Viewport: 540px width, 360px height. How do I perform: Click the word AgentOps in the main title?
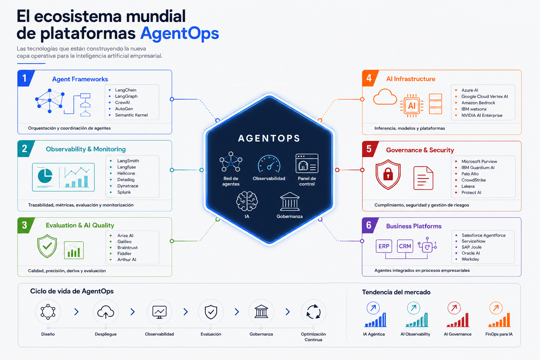pyautogui.click(x=180, y=33)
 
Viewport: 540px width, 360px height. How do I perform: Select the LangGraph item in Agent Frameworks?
pyautogui.click(x=126, y=96)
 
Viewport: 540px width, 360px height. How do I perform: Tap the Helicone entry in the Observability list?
pyautogui.click(x=126, y=173)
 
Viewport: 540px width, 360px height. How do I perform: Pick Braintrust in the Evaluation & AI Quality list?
pyautogui.click(x=127, y=247)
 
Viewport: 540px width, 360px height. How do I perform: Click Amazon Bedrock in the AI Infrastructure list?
pyautogui.click(x=478, y=103)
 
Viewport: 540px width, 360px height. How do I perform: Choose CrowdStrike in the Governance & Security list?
pyautogui.click(x=474, y=180)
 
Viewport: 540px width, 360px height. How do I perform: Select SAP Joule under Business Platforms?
pyautogui.click(x=471, y=247)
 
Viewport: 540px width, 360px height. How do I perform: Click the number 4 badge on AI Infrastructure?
pyautogui.click(x=369, y=78)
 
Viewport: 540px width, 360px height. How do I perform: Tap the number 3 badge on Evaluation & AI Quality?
pyautogui.click(x=24, y=225)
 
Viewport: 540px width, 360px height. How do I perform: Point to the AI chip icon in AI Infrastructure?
pyautogui.click(x=412, y=105)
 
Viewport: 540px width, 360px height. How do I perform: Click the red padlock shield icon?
pyautogui.click(x=388, y=174)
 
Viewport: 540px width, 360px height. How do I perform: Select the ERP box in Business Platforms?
pyautogui.click(x=384, y=246)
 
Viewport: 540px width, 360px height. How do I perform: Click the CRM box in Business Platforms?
pyautogui.click(x=405, y=246)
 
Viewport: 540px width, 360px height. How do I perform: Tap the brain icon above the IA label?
pyautogui.click(x=247, y=201)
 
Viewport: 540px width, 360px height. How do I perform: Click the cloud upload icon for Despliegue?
pyautogui.click(x=105, y=312)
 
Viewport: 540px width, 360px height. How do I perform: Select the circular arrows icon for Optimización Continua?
pyautogui.click(x=313, y=312)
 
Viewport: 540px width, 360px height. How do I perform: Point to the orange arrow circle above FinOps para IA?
pyautogui.click(x=496, y=308)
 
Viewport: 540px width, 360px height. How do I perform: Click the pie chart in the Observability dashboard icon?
pyautogui.click(x=45, y=176)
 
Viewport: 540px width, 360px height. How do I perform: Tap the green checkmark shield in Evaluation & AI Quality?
pyautogui.click(x=47, y=246)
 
